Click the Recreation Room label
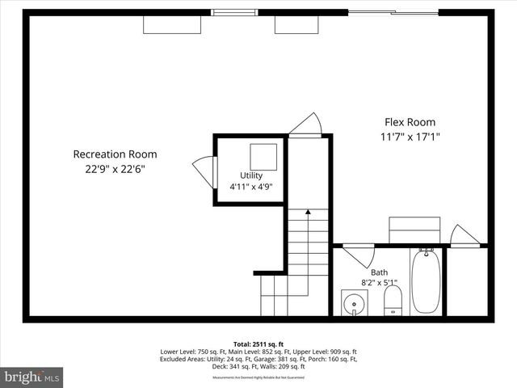click(115, 154)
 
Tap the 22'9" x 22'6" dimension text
click(115, 169)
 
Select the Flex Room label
click(410, 122)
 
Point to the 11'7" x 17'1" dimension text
click(410, 137)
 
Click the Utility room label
click(251, 175)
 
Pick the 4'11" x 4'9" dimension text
click(251, 187)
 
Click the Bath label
click(378, 272)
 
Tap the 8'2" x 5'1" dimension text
click(378, 283)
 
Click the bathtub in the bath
click(425, 284)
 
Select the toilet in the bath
click(393, 301)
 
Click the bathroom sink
click(353, 303)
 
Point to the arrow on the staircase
click(308, 212)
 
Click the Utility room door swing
click(205, 171)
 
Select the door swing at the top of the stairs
click(308, 124)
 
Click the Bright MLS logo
click(32, 377)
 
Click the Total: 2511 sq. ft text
click(258, 344)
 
